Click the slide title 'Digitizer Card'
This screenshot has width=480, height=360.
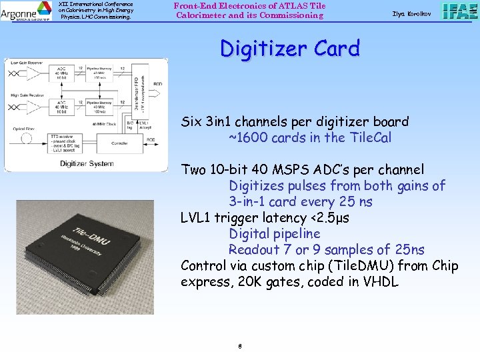pos(289,49)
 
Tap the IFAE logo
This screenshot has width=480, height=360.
pos(459,11)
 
